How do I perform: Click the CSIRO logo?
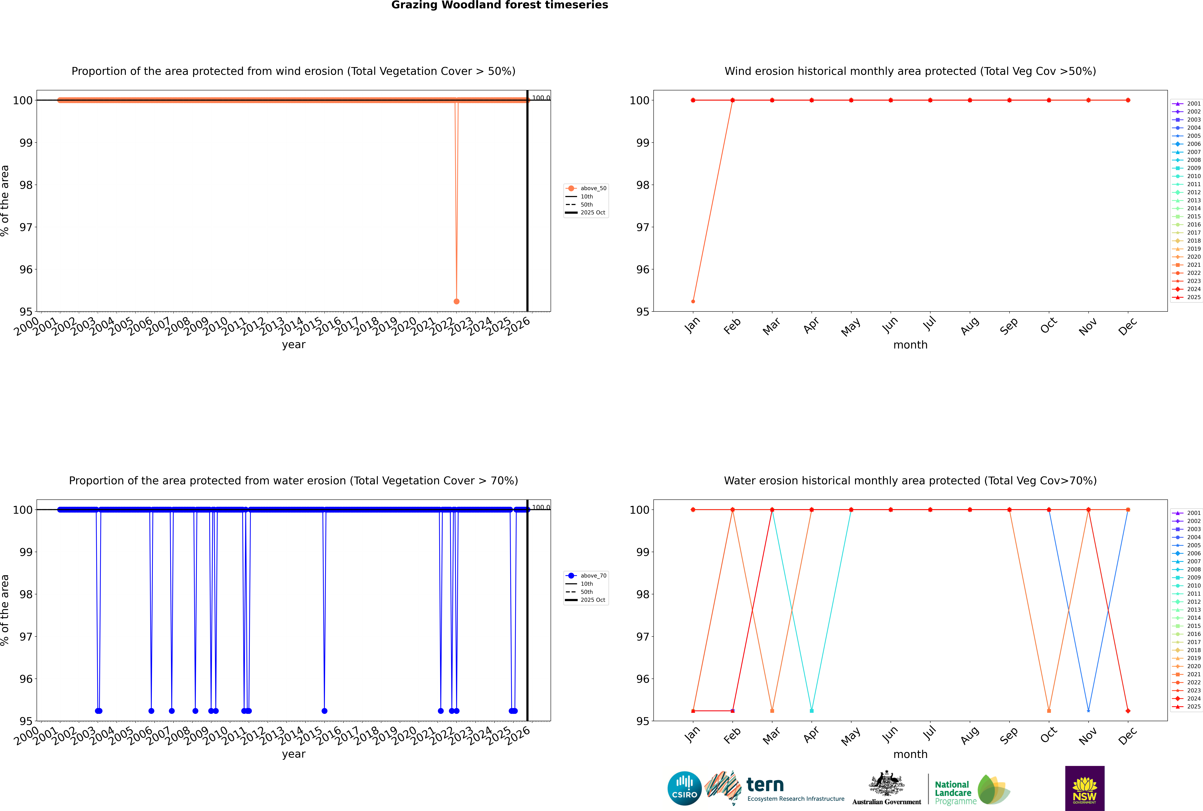[684, 788]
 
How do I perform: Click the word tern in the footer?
[765, 785]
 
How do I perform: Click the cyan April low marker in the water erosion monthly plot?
[812, 711]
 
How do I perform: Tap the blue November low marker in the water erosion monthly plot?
[1088, 711]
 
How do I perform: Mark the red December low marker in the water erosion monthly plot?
[1128, 711]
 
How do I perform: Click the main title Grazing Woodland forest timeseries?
[500, 5]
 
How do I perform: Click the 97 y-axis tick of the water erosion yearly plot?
[26, 637]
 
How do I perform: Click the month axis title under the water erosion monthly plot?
[910, 754]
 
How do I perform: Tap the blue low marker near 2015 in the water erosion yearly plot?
[324, 711]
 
